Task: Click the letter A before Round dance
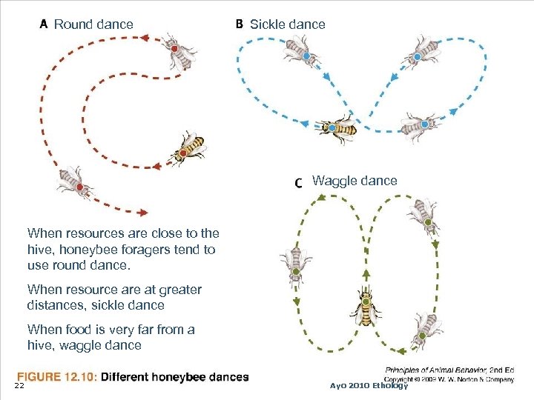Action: pyautogui.click(x=44, y=24)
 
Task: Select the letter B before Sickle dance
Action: pyautogui.click(x=240, y=24)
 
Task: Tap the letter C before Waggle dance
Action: pyautogui.click(x=299, y=182)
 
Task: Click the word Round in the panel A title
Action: pyautogui.click(x=73, y=24)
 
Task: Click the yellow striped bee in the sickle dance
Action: pyautogui.click(x=337, y=128)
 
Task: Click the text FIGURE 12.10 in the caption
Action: pyautogui.click(x=56, y=377)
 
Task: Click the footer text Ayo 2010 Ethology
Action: pyautogui.click(x=369, y=385)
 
